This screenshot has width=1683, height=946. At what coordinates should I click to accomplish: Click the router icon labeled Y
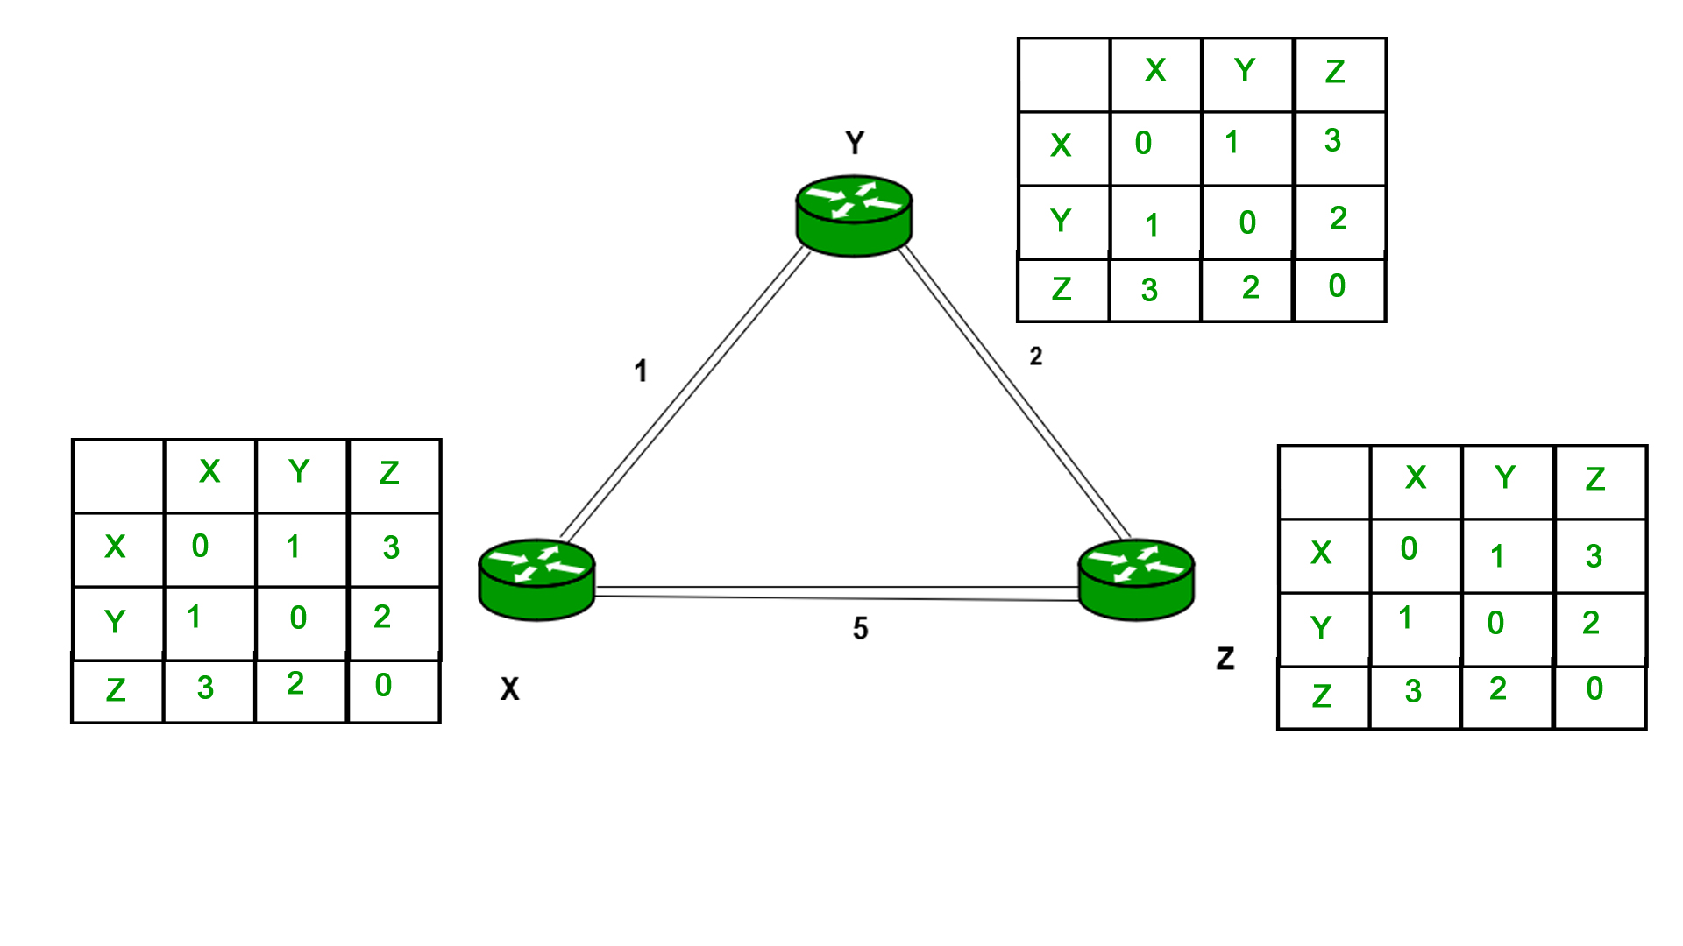click(854, 215)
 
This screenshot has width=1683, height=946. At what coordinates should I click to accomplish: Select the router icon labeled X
click(536, 579)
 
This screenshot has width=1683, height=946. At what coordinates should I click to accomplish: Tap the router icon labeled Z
click(1136, 579)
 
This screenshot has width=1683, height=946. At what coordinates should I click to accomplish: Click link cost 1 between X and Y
click(641, 371)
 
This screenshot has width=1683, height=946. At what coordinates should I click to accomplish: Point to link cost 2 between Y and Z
click(1036, 357)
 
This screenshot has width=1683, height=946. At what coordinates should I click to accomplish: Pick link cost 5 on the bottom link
click(860, 628)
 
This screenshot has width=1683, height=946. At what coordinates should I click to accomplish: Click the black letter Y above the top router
click(855, 143)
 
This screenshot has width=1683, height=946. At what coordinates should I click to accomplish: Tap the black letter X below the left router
click(509, 688)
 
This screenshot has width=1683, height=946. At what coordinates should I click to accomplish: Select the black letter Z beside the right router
click(1225, 658)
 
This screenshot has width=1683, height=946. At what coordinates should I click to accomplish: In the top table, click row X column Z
click(1333, 140)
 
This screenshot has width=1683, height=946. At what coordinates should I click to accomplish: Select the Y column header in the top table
click(1245, 70)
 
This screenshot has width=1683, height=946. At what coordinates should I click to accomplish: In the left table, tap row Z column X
click(205, 688)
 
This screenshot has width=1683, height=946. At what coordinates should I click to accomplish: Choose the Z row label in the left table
click(116, 690)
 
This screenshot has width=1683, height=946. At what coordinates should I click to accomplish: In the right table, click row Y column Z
click(1592, 623)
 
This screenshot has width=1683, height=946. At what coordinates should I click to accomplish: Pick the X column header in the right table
click(1416, 477)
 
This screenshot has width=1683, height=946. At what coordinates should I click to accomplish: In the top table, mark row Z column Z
click(1337, 286)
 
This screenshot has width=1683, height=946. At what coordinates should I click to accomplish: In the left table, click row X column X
click(201, 546)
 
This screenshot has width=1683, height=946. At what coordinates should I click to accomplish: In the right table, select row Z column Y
click(1498, 688)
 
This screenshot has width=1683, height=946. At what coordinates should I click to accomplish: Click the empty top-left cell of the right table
click(1324, 482)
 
